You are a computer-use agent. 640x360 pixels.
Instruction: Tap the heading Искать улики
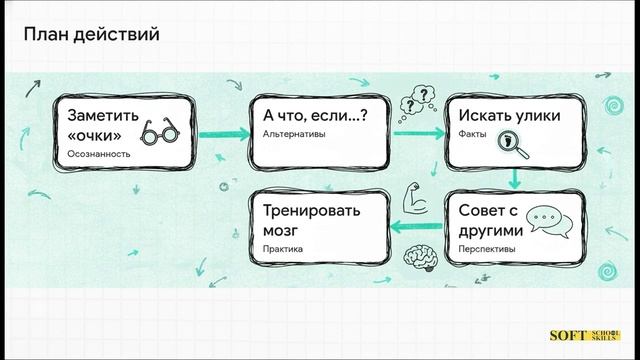502,116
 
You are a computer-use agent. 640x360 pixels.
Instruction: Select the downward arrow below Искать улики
514,178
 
